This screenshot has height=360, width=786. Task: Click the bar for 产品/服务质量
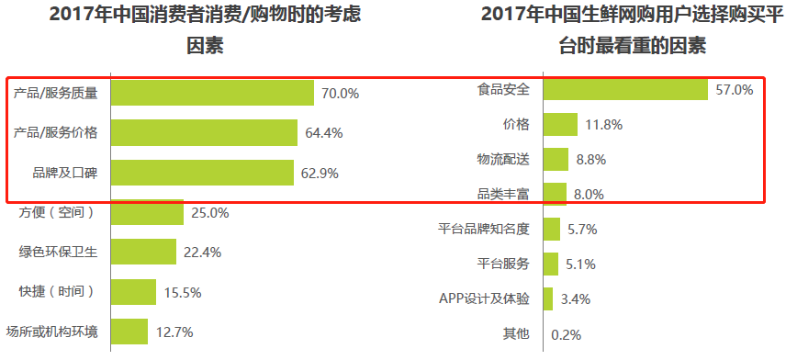pyautogui.click(x=212, y=93)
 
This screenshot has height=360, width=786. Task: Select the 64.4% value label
pyautogui.click(x=324, y=132)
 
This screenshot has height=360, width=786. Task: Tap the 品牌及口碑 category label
pyautogui.click(x=58, y=172)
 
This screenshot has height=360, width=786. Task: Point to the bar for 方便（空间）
pyautogui.click(x=147, y=212)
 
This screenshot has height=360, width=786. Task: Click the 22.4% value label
pyautogui.click(x=202, y=252)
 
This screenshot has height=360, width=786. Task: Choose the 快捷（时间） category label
pyautogui.click(x=57, y=291)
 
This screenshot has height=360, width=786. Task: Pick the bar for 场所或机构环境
pyautogui.click(x=129, y=331)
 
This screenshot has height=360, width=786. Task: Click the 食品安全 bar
pyautogui.click(x=625, y=89)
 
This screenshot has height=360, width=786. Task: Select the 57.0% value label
pyautogui.click(x=735, y=90)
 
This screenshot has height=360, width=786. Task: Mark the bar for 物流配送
pyautogui.click(x=556, y=159)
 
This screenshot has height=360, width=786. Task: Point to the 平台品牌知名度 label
pyautogui.click(x=484, y=229)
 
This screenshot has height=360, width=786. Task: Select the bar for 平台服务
pyautogui.click(x=551, y=264)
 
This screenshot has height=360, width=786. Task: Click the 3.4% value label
pyautogui.click(x=575, y=298)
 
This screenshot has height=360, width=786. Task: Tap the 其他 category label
pyautogui.click(x=516, y=333)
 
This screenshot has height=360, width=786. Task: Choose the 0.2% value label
pyautogui.click(x=567, y=334)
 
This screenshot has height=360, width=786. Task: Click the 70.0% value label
pyautogui.click(x=340, y=93)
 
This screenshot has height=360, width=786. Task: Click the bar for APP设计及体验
pyautogui.click(x=548, y=298)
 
